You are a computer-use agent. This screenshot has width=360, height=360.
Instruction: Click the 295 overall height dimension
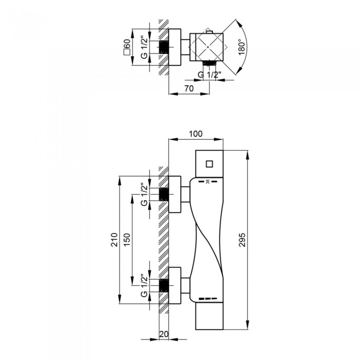pos(242,240)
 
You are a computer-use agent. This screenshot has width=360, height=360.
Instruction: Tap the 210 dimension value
pos(114,240)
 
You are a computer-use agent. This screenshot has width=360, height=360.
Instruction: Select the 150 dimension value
pos(127,240)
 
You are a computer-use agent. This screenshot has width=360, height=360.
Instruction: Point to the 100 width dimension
pos(195,134)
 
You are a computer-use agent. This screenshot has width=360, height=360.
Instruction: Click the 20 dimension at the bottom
pos(164,334)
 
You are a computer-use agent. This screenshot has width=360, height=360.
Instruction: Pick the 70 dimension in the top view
pos(189,88)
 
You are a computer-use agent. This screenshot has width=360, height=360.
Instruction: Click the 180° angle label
pos(242,47)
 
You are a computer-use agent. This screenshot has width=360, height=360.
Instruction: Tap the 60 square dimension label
pos(127,47)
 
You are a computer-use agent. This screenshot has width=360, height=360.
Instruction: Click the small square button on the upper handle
pos(209,164)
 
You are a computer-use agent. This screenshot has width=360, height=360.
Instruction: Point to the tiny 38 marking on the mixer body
pos(208,182)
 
